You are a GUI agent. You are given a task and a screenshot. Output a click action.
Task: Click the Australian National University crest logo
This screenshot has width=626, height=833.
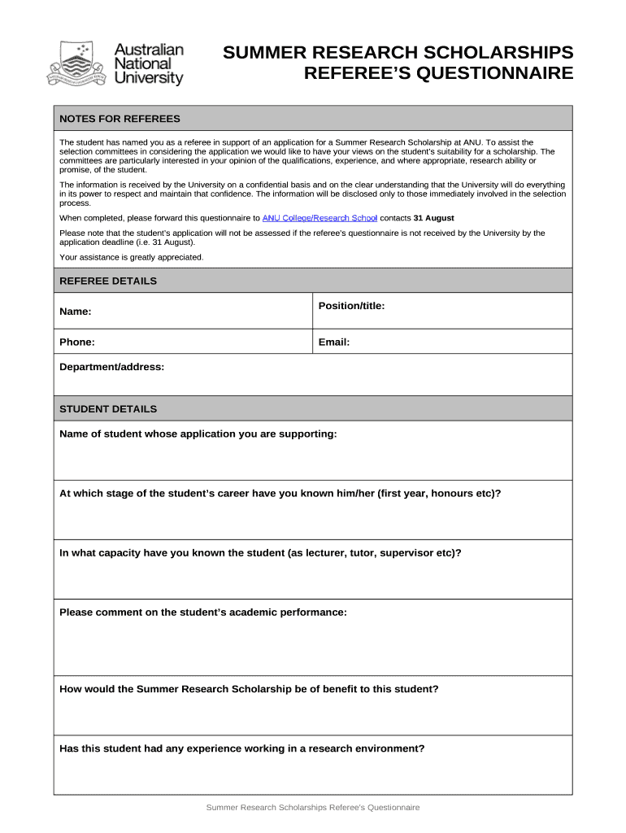pyautogui.click(x=77, y=64)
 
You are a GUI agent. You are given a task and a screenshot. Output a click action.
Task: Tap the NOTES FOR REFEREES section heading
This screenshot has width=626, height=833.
pyautogui.click(x=120, y=119)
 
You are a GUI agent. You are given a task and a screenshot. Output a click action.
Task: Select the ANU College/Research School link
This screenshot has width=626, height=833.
pyautogui.click(x=320, y=218)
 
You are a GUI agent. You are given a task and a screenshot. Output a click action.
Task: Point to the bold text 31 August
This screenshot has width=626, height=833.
pyautogui.click(x=434, y=218)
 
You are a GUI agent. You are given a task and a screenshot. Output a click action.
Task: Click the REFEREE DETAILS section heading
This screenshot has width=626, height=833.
pyautogui.click(x=108, y=281)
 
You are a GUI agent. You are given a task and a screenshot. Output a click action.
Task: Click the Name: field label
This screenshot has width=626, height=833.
pyautogui.click(x=76, y=312)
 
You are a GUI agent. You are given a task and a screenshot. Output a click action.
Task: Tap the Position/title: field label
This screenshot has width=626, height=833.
pyautogui.click(x=351, y=305)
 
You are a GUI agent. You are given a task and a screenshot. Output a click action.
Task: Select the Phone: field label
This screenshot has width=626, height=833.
pyautogui.click(x=77, y=342)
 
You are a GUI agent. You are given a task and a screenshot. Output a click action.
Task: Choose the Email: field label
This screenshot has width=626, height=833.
pyautogui.click(x=334, y=342)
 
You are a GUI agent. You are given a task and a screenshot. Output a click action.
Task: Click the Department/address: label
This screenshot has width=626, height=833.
pyautogui.click(x=112, y=367)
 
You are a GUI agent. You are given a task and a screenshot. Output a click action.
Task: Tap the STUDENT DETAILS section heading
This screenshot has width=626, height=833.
pyautogui.click(x=108, y=408)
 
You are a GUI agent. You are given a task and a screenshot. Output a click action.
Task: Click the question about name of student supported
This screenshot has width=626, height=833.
pyautogui.click(x=198, y=434)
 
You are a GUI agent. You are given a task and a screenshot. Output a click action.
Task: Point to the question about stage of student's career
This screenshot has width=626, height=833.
pyautogui.click(x=280, y=493)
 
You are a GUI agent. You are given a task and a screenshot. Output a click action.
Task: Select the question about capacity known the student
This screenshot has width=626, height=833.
pyautogui.click(x=260, y=552)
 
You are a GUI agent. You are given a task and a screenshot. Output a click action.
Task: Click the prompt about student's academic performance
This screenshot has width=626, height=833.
pyautogui.click(x=203, y=612)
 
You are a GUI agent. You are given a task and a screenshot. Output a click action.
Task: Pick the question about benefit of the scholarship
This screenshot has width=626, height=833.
pyautogui.click(x=249, y=688)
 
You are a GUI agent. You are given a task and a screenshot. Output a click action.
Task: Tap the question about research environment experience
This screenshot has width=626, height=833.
pyautogui.click(x=241, y=748)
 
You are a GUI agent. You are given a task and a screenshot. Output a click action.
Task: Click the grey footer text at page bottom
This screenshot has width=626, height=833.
pyautogui.click(x=313, y=808)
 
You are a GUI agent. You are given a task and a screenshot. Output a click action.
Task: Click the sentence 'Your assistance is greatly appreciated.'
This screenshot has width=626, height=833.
pyautogui.click(x=132, y=257)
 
